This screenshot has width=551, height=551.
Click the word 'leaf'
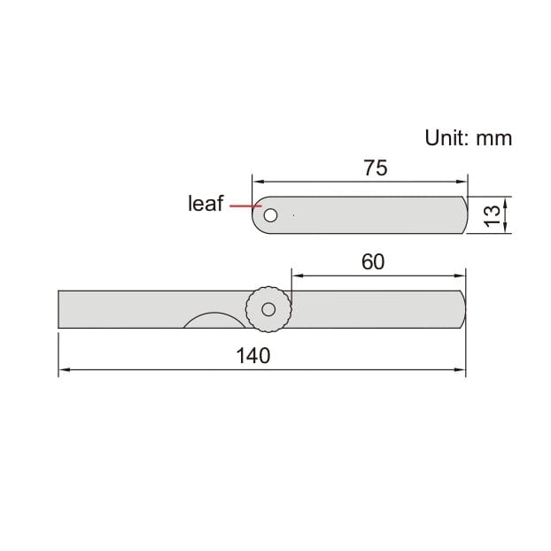tap(206, 204)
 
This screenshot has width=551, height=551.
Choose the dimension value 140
tap(253, 355)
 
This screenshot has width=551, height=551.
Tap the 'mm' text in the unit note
tap(494, 138)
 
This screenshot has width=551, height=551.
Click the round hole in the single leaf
tap(269, 215)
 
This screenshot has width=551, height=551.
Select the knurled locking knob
tap(268, 309)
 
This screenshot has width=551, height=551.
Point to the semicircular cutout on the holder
tap(210, 322)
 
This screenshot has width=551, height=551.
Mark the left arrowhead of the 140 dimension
tap(64, 370)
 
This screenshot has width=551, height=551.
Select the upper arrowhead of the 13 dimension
tap(505, 200)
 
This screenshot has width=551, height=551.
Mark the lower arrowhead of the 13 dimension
tap(505, 229)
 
